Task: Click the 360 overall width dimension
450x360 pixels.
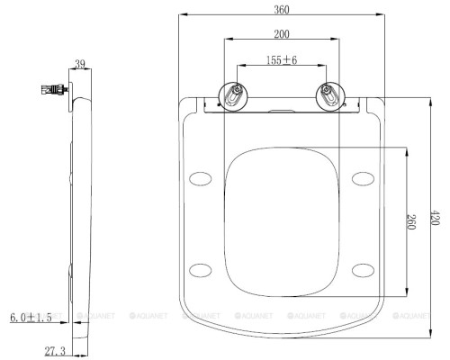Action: point(282,10)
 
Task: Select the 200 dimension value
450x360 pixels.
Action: point(282,34)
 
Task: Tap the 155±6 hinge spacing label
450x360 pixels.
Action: point(282,60)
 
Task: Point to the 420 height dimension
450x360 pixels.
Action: point(435,218)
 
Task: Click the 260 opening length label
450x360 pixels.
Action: point(411,221)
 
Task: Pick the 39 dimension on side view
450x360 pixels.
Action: point(80,64)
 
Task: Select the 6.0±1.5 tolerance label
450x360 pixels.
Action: point(31,318)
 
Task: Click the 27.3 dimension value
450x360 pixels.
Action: point(55,351)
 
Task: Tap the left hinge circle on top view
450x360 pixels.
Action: point(233,96)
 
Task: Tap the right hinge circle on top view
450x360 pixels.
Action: point(330,96)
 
